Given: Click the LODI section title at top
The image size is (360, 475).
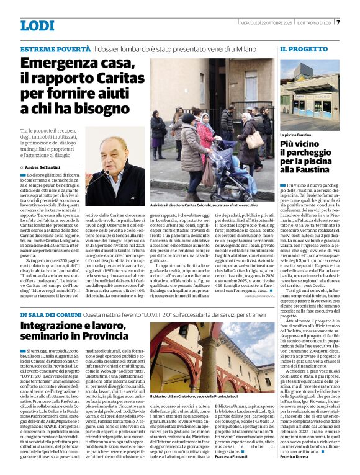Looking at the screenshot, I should [38, 25].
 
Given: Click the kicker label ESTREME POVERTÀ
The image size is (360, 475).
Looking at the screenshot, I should [55, 48].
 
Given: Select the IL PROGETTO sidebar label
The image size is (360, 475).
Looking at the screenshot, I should [304, 48].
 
